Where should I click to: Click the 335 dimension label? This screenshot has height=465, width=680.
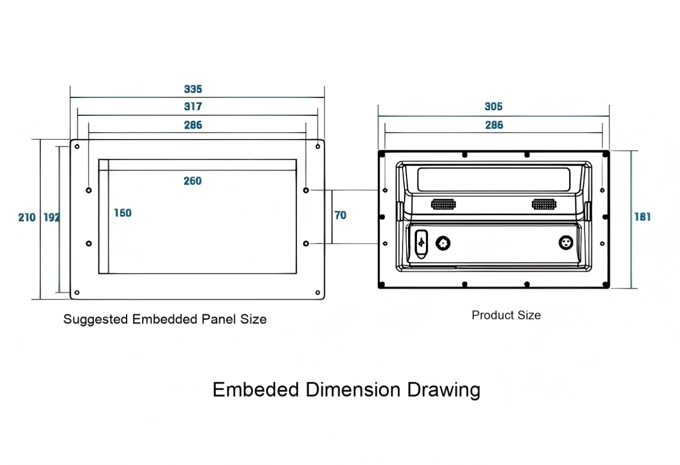(x=193, y=89)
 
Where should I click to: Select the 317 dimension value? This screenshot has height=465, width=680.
(x=193, y=107)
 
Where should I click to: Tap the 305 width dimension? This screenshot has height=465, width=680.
(x=493, y=107)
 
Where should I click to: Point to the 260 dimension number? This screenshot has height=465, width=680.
(x=193, y=181)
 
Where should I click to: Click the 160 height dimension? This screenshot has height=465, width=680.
(x=123, y=213)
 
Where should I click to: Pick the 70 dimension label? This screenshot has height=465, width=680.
(x=340, y=215)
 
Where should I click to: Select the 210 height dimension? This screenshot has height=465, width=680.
(x=27, y=218)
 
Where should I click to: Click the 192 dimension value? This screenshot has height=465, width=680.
(x=51, y=218)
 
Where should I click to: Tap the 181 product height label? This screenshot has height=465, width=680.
(x=643, y=217)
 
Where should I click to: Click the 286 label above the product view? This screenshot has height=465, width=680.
(x=494, y=125)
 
